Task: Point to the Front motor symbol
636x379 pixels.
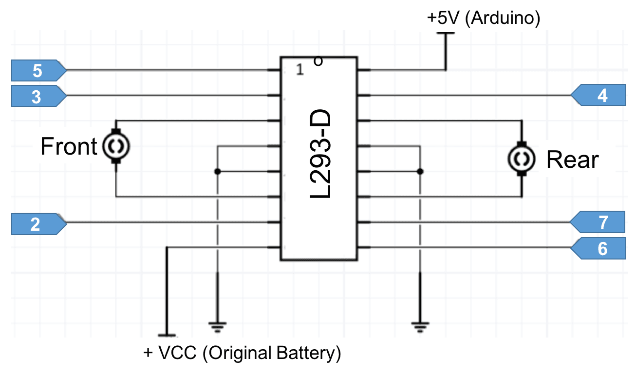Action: [116, 145]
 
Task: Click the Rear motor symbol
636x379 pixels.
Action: [522, 159]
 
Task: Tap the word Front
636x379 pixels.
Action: [69, 146]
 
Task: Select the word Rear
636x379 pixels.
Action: [572, 160]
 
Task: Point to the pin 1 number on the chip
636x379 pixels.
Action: [299, 70]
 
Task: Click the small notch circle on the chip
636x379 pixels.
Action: [318, 61]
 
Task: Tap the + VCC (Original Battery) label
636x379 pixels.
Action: [242, 353]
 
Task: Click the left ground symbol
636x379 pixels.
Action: [217, 326]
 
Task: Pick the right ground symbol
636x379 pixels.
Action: [420, 326]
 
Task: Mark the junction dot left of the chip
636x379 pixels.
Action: [217, 172]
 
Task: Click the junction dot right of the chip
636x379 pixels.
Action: [421, 172]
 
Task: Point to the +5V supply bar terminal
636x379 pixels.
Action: [446, 34]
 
